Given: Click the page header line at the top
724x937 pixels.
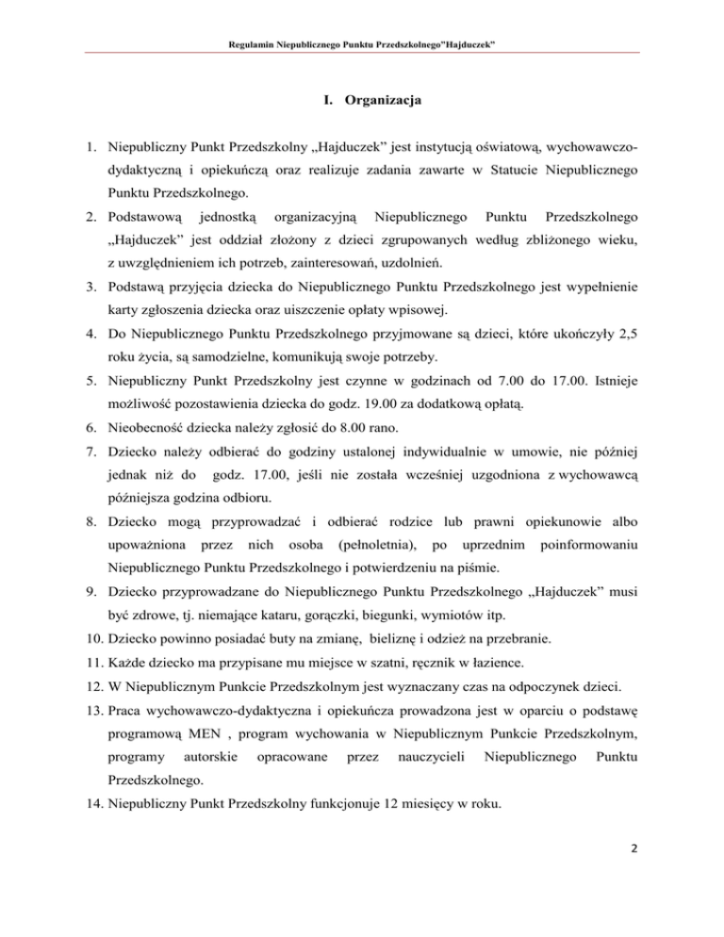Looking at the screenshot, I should tap(361, 45).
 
